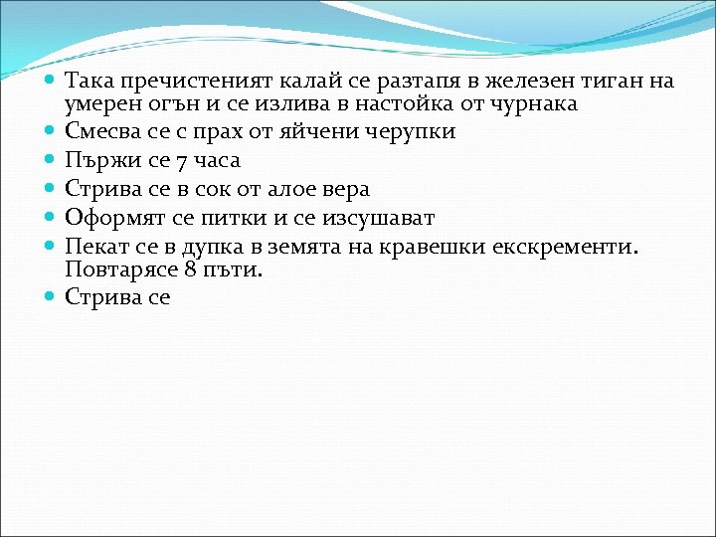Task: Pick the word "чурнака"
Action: pos(536,103)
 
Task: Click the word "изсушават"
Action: pos(377,218)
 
